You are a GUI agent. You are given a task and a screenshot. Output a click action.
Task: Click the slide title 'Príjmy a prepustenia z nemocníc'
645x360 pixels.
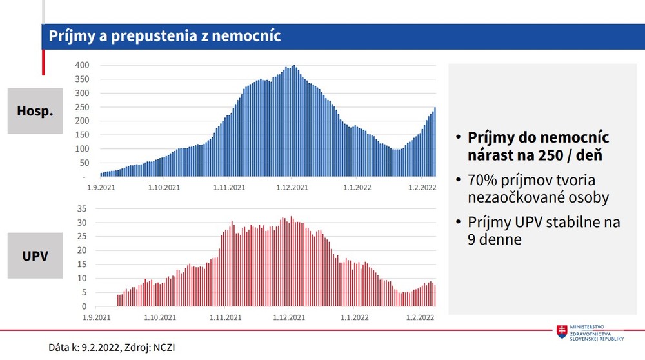[164, 36]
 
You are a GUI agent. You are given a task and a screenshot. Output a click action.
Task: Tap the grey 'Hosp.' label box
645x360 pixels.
[35, 111]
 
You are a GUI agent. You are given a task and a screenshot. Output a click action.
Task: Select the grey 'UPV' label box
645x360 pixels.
[35, 255]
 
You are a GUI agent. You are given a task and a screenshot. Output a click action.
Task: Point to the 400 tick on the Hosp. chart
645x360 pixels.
[81, 65]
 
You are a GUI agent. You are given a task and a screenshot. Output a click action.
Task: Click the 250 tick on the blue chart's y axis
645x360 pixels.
[81, 107]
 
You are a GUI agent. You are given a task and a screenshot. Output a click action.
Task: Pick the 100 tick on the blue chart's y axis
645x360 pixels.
[81, 149]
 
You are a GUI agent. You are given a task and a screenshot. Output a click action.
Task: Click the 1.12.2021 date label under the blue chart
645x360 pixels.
[293, 188]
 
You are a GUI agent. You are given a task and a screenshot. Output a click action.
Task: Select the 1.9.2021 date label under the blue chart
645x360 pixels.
[100, 188]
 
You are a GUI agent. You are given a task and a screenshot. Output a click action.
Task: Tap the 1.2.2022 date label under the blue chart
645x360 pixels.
[421, 188]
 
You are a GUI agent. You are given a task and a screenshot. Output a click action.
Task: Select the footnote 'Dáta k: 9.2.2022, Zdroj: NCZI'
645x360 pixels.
[112, 347]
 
